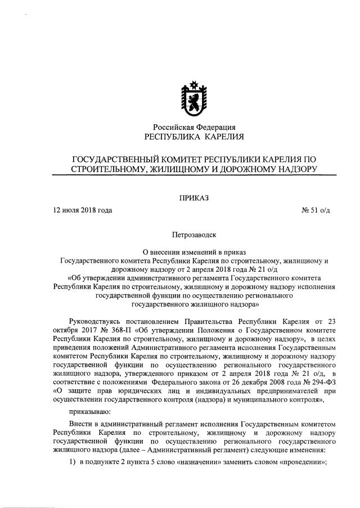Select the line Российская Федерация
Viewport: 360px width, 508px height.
(x=194, y=127)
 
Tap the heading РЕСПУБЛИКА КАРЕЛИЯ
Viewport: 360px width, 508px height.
(x=194, y=137)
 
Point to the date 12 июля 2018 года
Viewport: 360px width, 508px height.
(x=82, y=210)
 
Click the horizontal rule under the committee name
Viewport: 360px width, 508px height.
(x=194, y=176)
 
